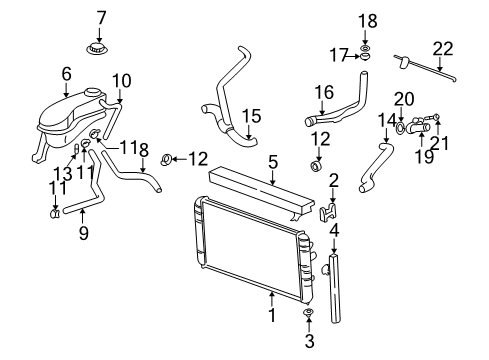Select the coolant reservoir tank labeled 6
65,121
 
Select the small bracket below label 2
327,213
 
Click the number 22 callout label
442,47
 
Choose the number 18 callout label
367,19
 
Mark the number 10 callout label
121,79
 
